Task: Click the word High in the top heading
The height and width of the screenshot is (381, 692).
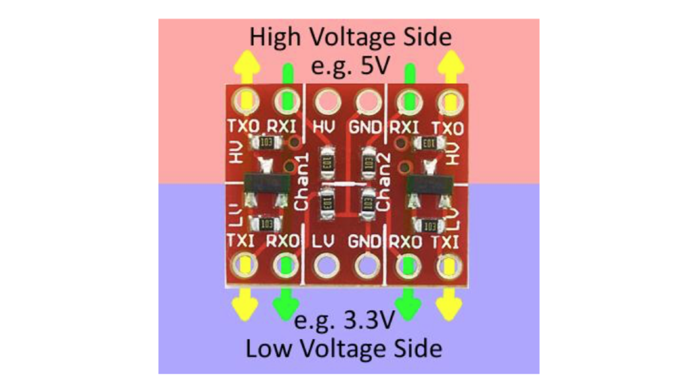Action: [277, 37]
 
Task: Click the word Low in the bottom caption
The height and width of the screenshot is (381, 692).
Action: [268, 348]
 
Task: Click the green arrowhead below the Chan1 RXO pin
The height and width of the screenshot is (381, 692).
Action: [285, 306]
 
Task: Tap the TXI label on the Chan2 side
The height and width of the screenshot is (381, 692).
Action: [449, 241]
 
